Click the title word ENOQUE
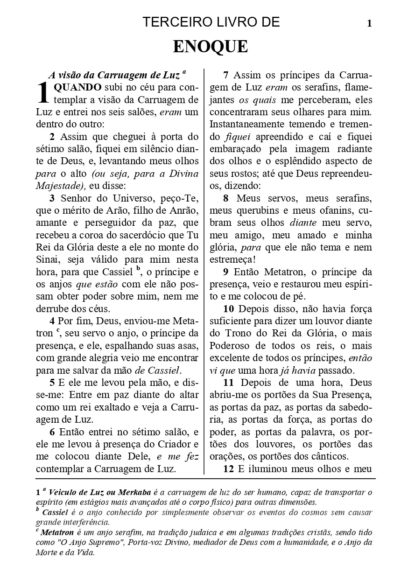[210, 47]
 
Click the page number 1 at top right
[369, 23]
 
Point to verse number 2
[52, 137]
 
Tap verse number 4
[52, 321]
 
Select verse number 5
[52, 383]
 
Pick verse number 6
[52, 432]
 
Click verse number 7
[226, 75]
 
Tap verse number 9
[226, 272]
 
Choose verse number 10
[228, 309]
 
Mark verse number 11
[228, 383]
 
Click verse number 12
[228, 469]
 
